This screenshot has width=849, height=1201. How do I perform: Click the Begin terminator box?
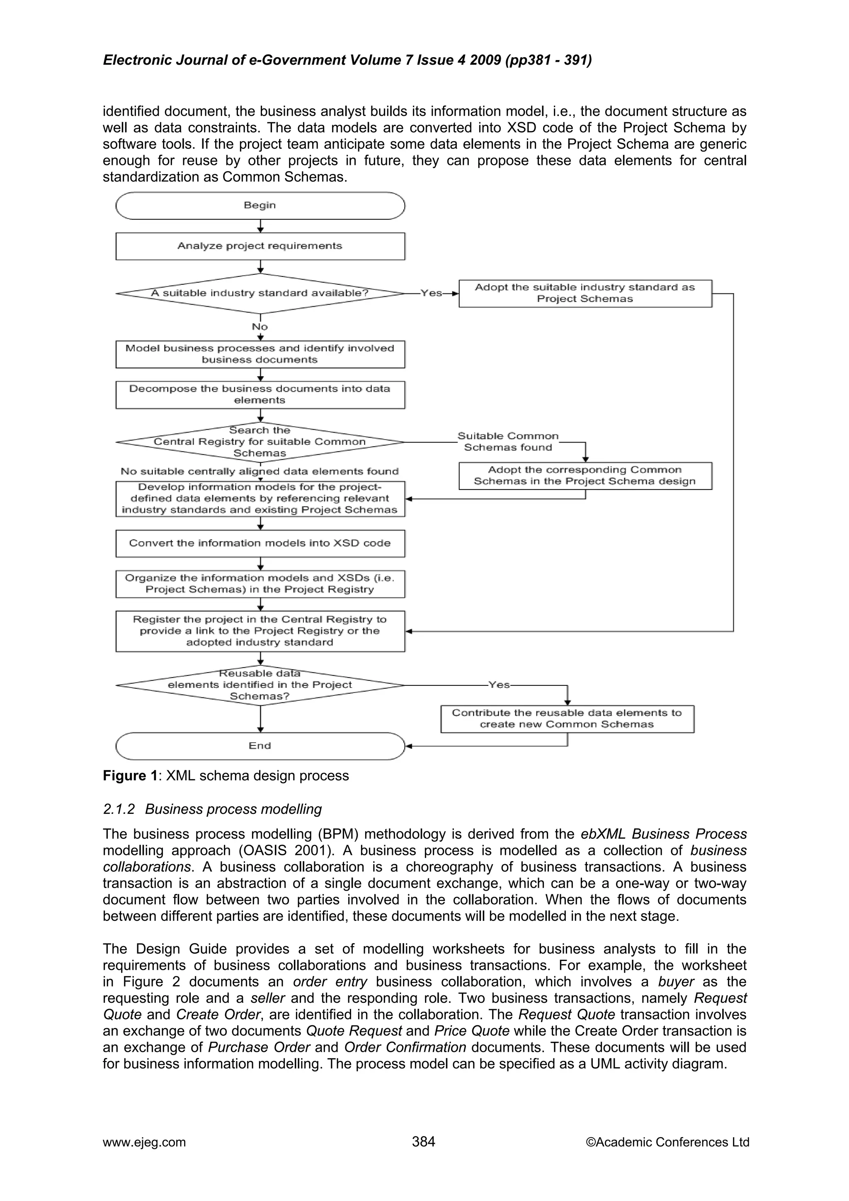click(x=260, y=206)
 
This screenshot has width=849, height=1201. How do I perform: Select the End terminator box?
click(x=260, y=746)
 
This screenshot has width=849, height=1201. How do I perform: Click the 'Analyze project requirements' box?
click(x=260, y=246)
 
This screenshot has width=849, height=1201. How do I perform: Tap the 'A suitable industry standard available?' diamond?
click(x=260, y=293)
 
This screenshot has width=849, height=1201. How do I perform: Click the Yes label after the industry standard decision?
click(x=432, y=293)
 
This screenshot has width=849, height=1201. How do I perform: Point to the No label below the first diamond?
click(x=260, y=327)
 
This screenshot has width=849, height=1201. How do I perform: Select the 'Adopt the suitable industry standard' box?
click(x=585, y=293)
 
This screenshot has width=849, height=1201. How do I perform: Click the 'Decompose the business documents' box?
click(x=260, y=395)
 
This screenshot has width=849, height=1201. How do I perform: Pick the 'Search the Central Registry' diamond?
click(x=260, y=442)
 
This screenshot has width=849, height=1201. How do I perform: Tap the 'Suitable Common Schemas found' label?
click(x=508, y=442)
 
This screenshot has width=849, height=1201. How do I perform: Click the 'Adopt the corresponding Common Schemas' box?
click(x=585, y=476)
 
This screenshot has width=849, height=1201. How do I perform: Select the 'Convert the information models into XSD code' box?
click(x=260, y=543)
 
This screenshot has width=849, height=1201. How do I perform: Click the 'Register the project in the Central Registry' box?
click(x=260, y=631)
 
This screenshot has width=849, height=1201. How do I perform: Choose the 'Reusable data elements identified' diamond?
click(x=260, y=685)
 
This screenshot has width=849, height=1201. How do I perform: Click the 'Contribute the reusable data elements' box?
click(x=567, y=719)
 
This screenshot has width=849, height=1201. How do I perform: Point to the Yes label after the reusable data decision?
click(x=499, y=685)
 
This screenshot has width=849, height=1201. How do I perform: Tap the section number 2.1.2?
click(x=119, y=809)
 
